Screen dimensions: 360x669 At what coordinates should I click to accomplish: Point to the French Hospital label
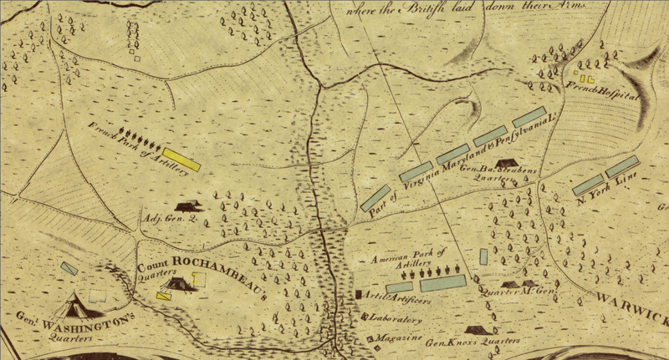pos(601,91)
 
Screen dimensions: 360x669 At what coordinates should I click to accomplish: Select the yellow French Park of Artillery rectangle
pos(182,159)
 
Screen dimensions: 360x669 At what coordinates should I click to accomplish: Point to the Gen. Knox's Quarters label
pos(473,342)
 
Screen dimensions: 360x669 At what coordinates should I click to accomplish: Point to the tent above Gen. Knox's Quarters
pos(476,331)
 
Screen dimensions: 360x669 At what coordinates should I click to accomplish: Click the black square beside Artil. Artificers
pos(360,295)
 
